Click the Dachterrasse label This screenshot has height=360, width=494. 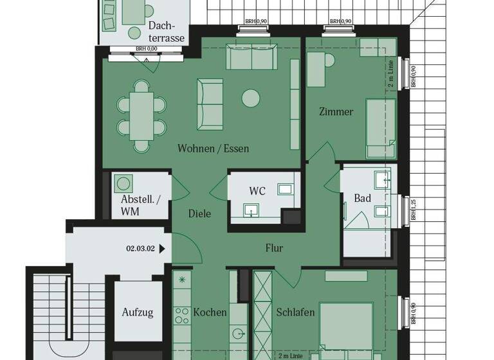pos(166,32)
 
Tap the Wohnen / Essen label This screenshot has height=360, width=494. pos(214,148)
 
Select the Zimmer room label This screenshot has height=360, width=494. pos(336,112)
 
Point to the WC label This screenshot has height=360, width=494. pos(257,191)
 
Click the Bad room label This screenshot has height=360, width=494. pos(363,198)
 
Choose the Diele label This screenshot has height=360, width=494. pos(199,214)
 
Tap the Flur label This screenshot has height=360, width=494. pos(274,248)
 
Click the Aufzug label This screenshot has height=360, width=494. pos(138,312)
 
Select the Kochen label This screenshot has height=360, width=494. pos(210,312)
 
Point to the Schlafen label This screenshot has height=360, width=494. pos(295,312)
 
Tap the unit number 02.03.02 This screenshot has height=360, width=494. pos(141,248)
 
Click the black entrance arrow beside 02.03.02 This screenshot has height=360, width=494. pos(162,248)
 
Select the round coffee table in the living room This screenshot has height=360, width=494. pos(250,98)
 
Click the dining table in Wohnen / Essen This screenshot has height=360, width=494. pos(142,114)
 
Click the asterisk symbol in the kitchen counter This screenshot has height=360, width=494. pos(182,280)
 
